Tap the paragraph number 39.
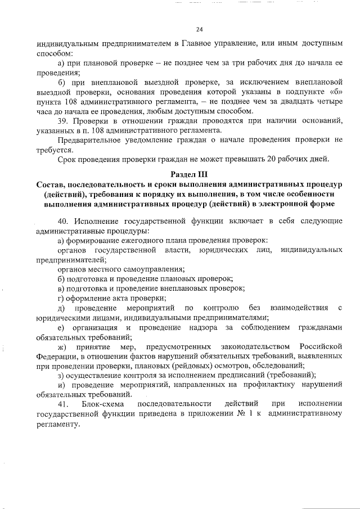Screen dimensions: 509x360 (62, 121)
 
